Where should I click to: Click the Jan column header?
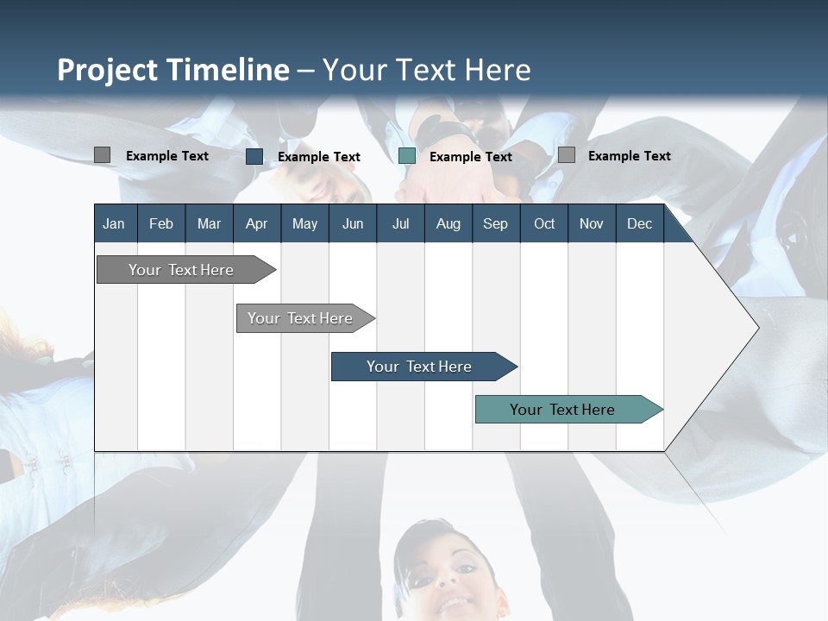pos(114,223)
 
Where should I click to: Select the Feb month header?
pos(161,223)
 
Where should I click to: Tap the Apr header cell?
pos(256,223)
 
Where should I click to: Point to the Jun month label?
pos(353,223)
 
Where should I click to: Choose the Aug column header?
pos(448,223)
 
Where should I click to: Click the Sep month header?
pos(495,223)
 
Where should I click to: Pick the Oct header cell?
pos(544,223)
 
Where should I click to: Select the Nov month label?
pos(592,223)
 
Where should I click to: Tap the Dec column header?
pos(639,223)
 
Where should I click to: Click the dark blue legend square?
pos(254,156)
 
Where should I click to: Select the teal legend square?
pos(407,156)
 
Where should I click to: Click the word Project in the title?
pos(108,70)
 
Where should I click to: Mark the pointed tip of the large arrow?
pos(757,327)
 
